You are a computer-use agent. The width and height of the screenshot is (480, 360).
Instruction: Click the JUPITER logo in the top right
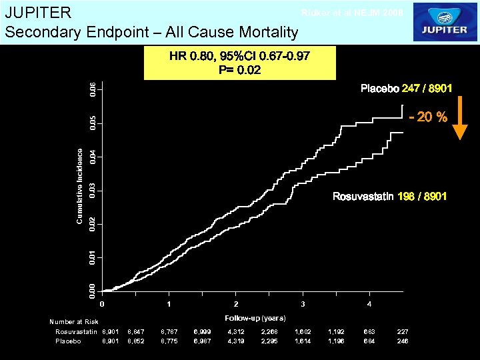tap(444, 22)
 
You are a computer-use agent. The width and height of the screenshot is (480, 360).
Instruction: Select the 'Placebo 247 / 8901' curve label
tap(406, 89)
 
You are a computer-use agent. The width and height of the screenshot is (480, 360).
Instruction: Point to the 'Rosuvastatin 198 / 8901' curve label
tap(389, 197)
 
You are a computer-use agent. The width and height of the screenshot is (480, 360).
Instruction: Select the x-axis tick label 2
tap(236, 305)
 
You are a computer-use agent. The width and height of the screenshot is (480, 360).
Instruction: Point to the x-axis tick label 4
tap(370, 305)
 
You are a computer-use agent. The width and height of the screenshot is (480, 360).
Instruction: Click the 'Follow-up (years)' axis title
tap(255, 317)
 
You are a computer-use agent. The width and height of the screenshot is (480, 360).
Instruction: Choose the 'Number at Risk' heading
tap(73, 322)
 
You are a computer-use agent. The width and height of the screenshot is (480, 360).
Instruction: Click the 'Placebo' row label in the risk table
tap(69, 341)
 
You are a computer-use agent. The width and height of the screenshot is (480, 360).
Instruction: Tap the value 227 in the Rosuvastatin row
tap(402, 331)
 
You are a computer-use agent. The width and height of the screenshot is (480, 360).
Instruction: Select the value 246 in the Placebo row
tap(402, 341)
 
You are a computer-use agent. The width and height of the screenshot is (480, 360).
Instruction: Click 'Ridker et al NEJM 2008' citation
tap(352, 13)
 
